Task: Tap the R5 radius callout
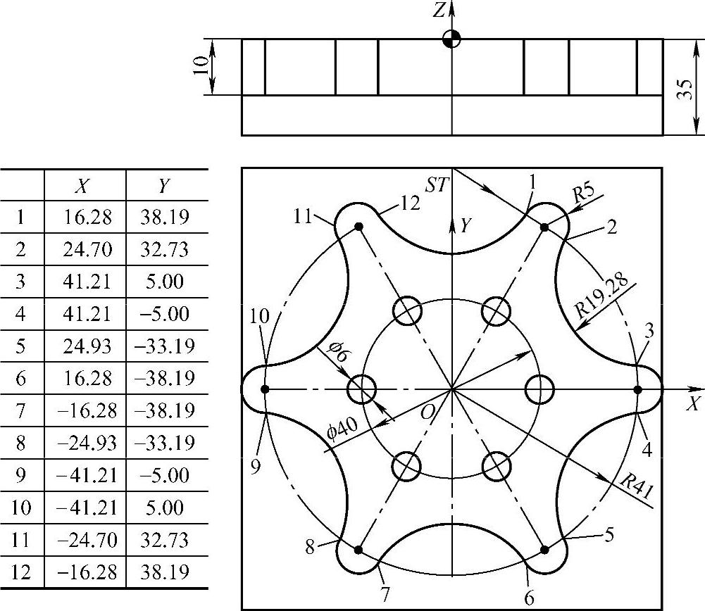(x=585, y=194)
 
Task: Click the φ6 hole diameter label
(x=336, y=353)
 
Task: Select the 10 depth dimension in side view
(x=201, y=66)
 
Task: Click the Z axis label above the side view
(x=439, y=11)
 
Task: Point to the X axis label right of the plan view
(x=694, y=404)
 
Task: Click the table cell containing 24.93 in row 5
(x=85, y=346)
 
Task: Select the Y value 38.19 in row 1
(x=167, y=216)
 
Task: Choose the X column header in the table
(x=85, y=184)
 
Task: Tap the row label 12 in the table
(x=22, y=572)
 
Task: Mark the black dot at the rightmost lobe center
(x=638, y=389)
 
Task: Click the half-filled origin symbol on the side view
(x=451, y=39)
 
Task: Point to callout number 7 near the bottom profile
(x=385, y=593)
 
